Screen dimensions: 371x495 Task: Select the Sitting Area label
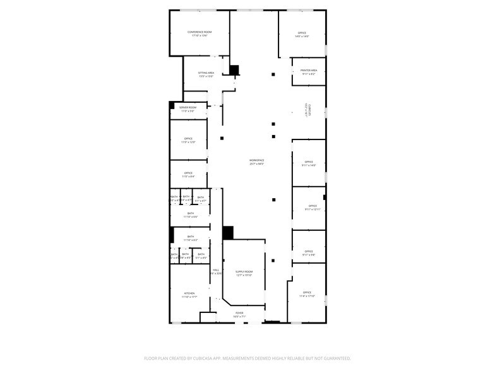tap(206, 74)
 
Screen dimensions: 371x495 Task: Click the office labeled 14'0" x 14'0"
tap(302, 34)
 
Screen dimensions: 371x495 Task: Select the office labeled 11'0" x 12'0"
tap(188, 140)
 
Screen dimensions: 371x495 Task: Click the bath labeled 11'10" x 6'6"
tap(191, 215)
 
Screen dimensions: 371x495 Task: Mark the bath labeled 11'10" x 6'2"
tap(191, 238)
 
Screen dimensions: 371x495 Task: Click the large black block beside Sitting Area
tap(234, 71)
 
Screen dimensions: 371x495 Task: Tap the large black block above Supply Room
tap(228, 232)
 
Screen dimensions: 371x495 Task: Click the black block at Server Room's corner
tap(171, 105)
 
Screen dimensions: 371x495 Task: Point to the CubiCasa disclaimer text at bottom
tap(247, 358)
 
